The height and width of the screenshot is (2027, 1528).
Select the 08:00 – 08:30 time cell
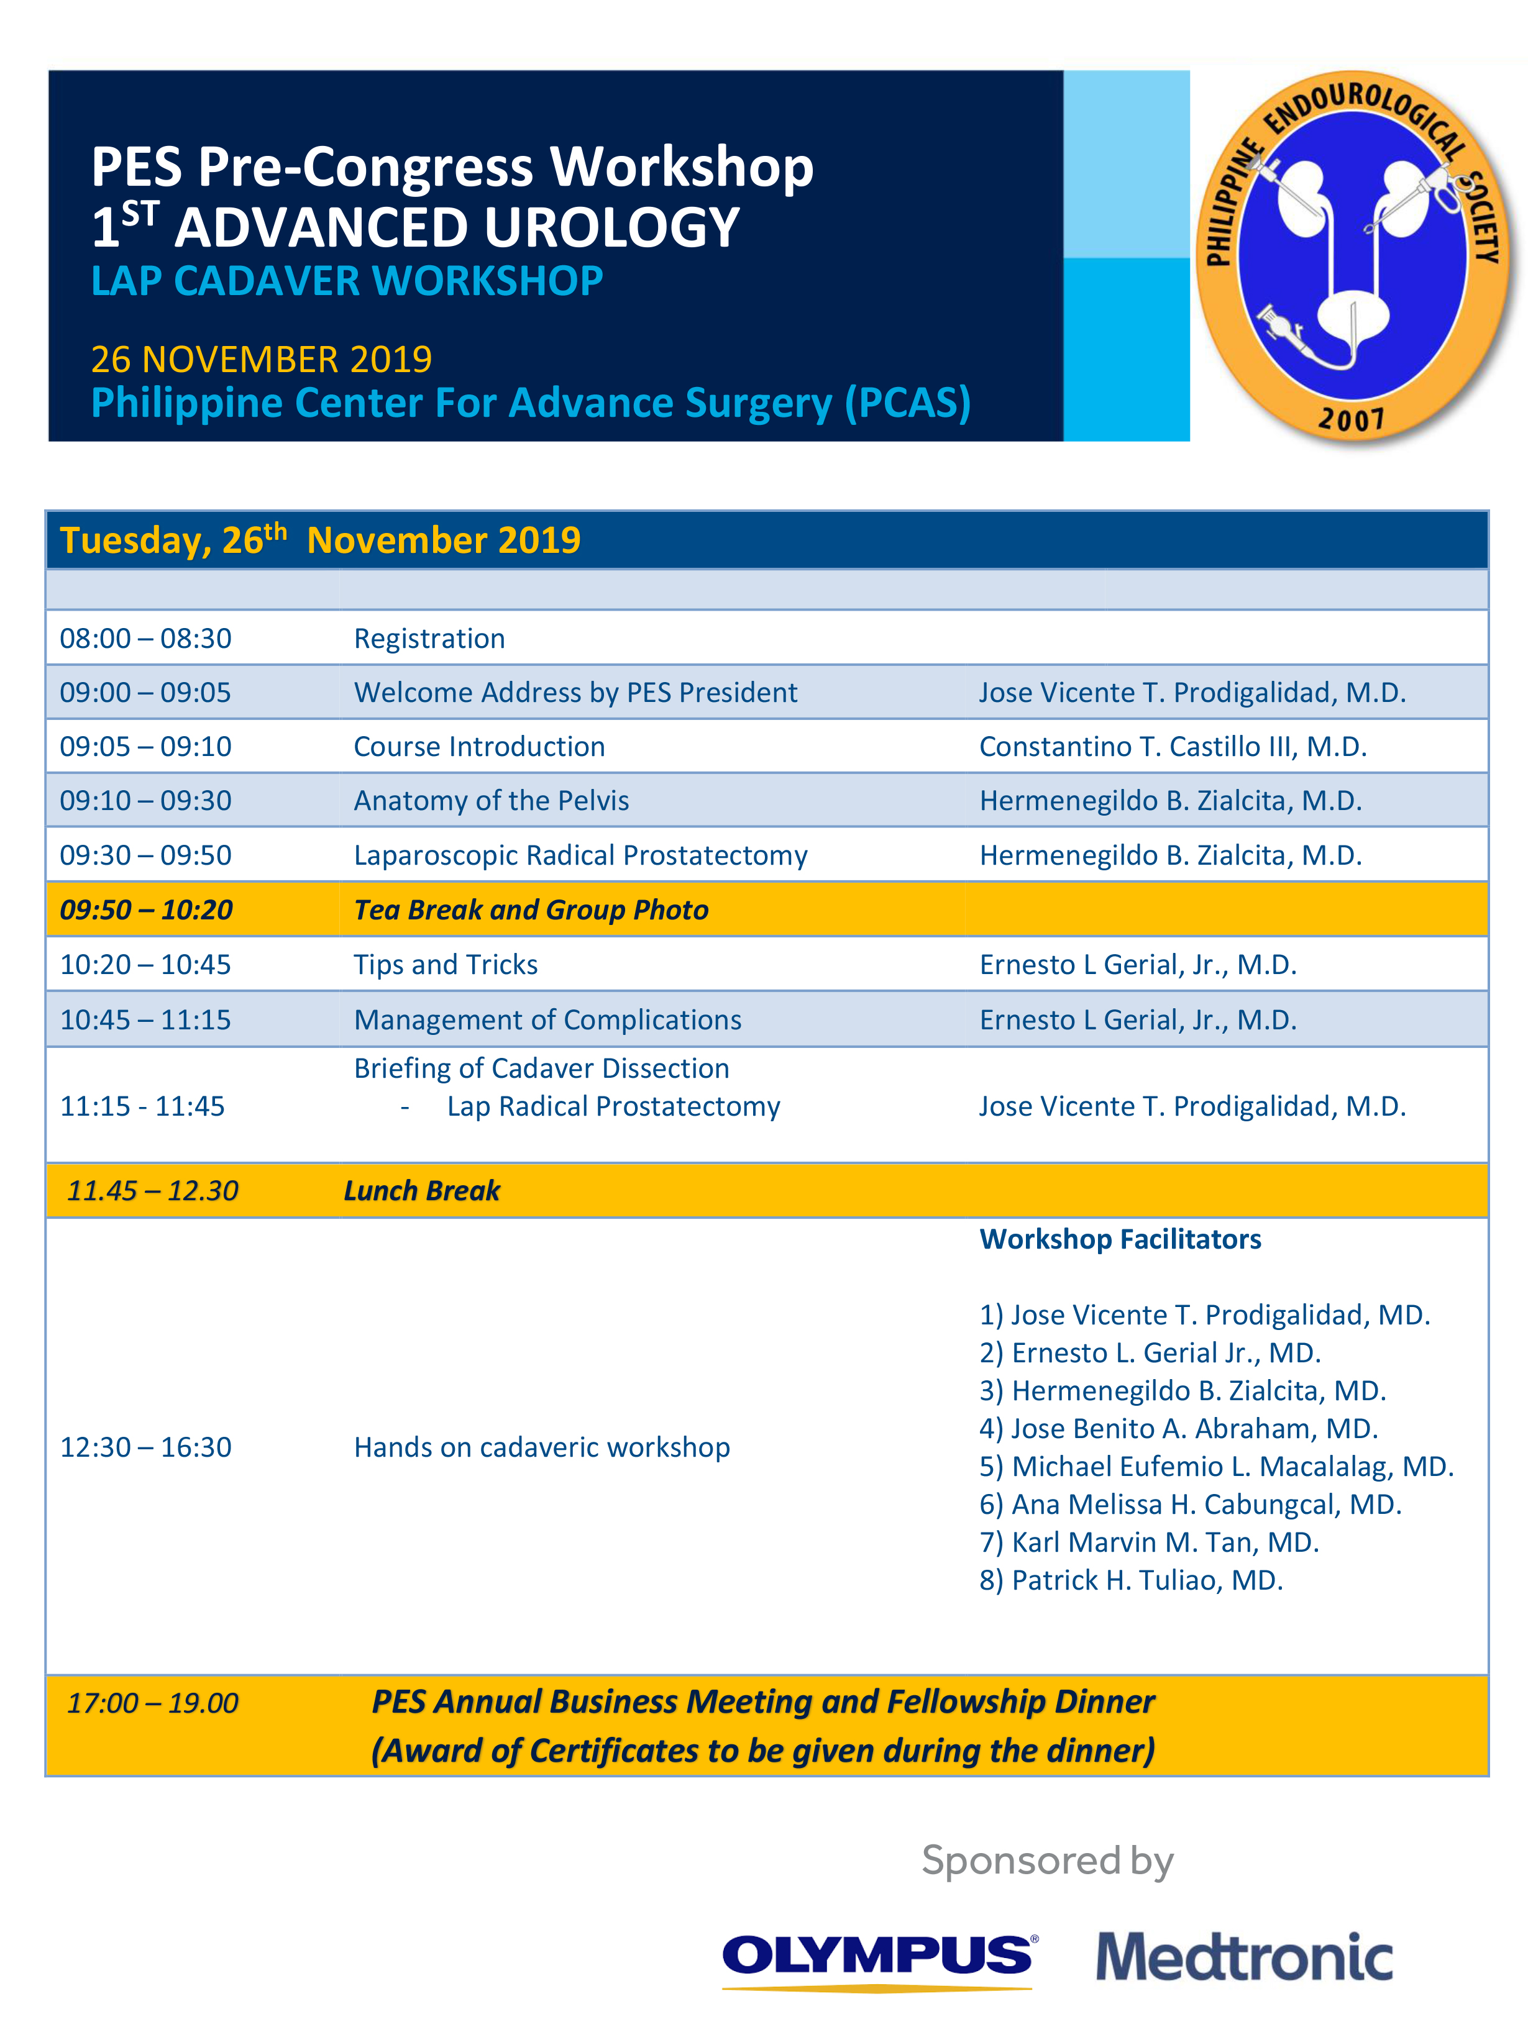coord(146,638)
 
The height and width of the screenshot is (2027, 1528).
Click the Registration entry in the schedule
coord(429,638)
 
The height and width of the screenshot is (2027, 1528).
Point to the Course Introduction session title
coord(478,746)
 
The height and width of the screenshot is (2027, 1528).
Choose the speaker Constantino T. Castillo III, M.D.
coord(1173,746)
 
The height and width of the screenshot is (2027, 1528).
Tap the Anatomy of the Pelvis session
coord(492,800)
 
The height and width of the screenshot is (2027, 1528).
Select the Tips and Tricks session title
coord(446,964)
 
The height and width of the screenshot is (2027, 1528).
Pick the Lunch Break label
coord(422,1190)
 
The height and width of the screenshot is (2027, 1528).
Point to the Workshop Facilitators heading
coord(1120,1239)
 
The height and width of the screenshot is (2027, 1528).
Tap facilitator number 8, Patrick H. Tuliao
coord(1130,1580)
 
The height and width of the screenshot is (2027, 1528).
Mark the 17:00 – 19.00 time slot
coord(152,1703)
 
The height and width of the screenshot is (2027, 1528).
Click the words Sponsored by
coord(1047,1861)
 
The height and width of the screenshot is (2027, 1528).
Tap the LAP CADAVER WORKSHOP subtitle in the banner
coord(347,281)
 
